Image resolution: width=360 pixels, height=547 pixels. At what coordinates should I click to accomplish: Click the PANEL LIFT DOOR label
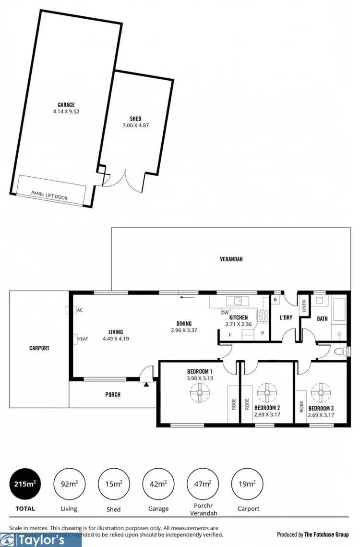(49, 193)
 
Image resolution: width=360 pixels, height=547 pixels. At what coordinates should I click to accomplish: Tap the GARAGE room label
(66, 104)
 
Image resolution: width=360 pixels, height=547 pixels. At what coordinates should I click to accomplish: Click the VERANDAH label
(231, 259)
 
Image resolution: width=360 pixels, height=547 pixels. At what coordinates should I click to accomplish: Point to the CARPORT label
(39, 348)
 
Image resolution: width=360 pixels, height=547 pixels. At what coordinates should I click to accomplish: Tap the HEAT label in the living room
(83, 339)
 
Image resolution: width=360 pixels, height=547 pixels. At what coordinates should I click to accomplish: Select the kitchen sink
(237, 301)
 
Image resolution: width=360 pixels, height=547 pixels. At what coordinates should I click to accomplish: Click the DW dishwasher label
(224, 313)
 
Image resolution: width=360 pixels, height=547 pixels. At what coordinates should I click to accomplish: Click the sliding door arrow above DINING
(187, 297)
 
